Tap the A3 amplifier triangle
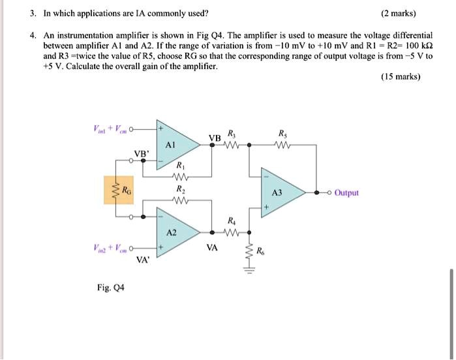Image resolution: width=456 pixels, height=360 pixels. tap(279, 193)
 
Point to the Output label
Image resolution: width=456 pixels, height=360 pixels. tap(346, 193)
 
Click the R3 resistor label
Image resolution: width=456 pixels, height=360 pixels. tap(230, 135)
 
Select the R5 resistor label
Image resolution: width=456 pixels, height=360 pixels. tap(282, 135)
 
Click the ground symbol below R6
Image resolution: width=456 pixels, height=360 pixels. tap(247, 272)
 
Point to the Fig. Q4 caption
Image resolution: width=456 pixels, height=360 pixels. tap(113, 288)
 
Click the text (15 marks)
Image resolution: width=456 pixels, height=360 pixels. tap(401, 77)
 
